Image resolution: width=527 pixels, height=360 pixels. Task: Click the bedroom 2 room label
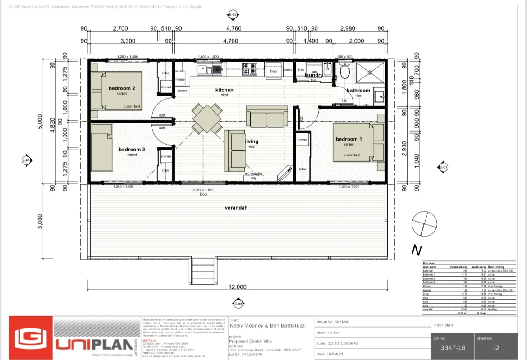tap(122, 88)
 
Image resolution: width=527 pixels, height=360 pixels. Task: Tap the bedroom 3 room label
tap(132, 150)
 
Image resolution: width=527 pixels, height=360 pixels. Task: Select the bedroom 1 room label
tap(348, 139)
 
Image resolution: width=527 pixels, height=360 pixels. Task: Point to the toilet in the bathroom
tap(345, 71)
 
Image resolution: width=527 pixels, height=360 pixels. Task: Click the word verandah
tap(237, 208)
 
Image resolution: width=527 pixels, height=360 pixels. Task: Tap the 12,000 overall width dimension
tap(238, 287)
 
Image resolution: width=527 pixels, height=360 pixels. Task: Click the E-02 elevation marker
tap(233, 14)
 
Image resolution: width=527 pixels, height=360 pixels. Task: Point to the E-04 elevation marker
tap(26, 160)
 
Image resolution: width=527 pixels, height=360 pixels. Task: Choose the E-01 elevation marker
tap(443, 168)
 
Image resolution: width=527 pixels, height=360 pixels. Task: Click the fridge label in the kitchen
tap(274, 71)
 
